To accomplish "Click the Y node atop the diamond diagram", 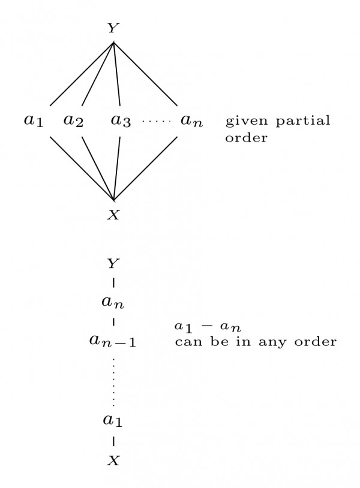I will pos(113,28).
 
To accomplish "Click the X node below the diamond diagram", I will pos(113,215).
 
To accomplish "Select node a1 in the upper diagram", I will pos(34,121).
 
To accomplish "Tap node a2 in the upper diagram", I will pos(73,121).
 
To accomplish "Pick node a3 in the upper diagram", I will pos(121,121).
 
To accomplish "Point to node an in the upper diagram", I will pos(192,121).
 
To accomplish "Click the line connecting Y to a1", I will pos(82,74).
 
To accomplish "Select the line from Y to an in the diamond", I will pos(146,73).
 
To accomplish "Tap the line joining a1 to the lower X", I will pos(82,168).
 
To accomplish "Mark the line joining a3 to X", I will pos(117,168).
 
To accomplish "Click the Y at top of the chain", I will pos(113,263).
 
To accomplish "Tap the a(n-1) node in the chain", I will pos(113,341).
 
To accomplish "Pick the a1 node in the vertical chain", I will pos(113,420).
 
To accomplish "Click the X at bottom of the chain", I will pos(113,460).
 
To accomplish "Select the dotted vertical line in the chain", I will pos(113,381).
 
